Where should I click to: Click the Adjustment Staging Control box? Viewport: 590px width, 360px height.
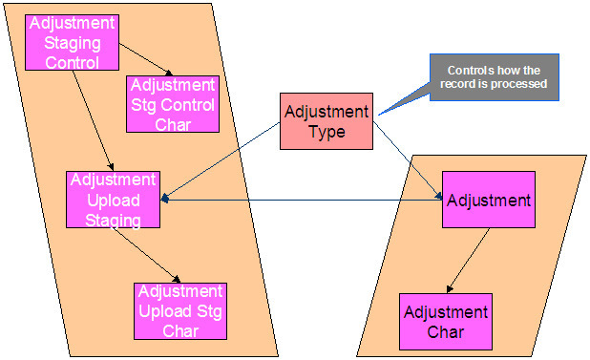pos(72,41)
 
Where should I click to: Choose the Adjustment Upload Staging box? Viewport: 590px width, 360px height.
pos(113,199)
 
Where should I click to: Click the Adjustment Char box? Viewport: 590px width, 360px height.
pos(446,321)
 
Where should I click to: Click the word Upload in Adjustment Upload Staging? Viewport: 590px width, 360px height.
pos(113,200)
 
